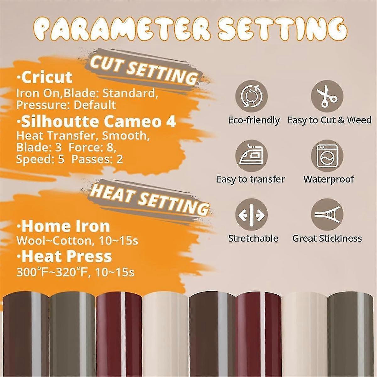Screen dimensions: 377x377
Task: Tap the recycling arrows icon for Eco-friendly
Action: [251, 96]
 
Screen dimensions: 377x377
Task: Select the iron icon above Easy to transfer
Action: [251, 156]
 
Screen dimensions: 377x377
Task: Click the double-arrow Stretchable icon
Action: [251, 215]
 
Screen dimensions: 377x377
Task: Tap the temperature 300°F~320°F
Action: [52, 271]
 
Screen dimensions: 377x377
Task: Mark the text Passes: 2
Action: [97, 159]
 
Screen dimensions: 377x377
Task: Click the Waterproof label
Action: [329, 179]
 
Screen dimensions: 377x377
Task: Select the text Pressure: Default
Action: [66, 105]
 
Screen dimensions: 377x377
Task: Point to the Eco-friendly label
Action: [254, 120]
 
